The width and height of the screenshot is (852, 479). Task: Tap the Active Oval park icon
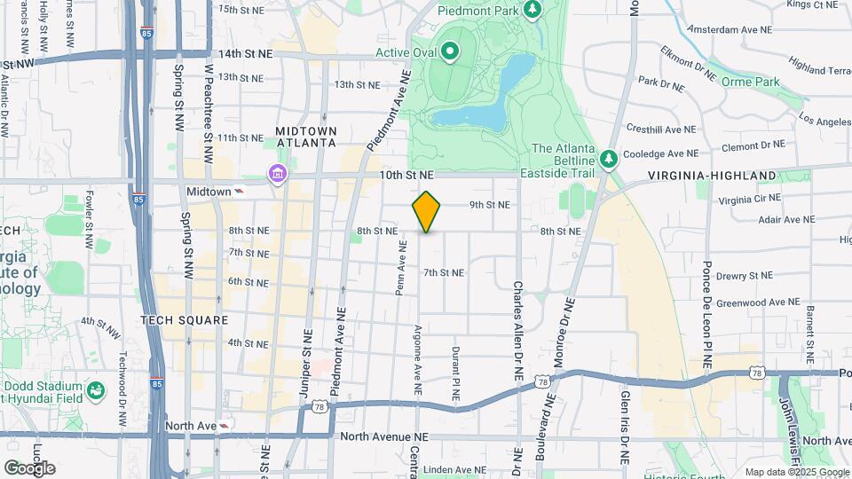click(449, 51)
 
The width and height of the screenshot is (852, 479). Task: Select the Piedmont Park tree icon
click(532, 10)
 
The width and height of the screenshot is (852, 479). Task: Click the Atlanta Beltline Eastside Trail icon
click(608, 160)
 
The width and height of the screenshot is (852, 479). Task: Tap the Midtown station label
click(209, 191)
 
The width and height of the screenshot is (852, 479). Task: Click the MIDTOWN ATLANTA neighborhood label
click(306, 136)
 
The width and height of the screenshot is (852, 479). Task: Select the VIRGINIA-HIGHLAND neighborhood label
click(712, 176)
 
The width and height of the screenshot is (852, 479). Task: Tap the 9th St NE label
click(490, 205)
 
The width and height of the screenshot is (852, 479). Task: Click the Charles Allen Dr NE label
click(516, 326)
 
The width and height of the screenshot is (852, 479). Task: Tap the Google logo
click(29, 468)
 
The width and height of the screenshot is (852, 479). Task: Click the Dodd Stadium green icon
click(95, 389)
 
